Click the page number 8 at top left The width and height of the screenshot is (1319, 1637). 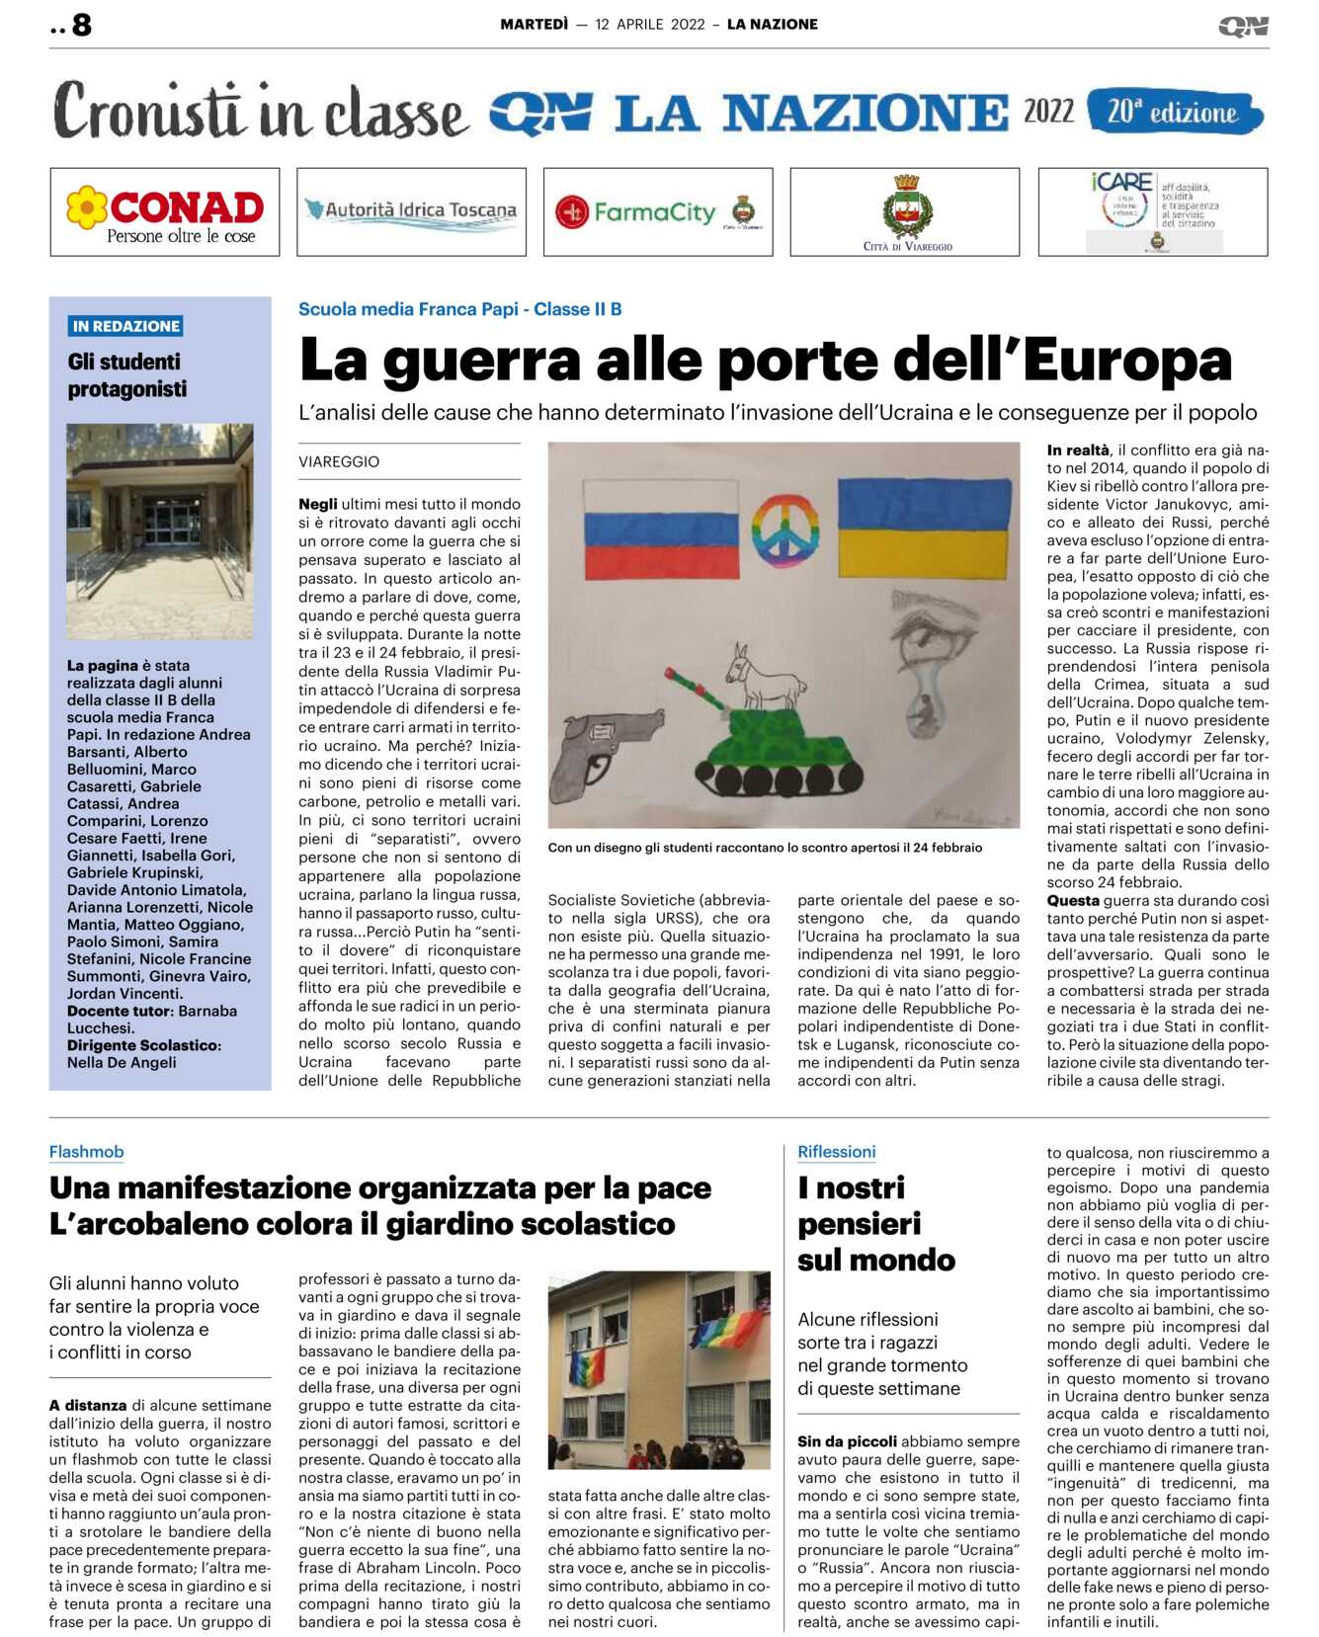81,25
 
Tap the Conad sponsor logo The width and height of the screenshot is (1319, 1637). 165,212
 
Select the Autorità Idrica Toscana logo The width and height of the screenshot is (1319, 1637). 411,211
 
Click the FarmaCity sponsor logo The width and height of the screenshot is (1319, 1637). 657,212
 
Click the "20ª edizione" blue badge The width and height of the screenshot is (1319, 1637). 1174,113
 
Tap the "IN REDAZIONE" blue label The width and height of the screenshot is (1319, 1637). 126,326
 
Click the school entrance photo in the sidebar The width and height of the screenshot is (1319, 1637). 159,531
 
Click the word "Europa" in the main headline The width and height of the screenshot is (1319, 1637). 1127,361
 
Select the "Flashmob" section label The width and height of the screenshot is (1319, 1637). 87,1152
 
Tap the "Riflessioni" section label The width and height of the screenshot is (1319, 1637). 836,1152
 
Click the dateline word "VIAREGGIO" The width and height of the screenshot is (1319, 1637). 339,461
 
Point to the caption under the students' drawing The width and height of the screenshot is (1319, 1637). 765,848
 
